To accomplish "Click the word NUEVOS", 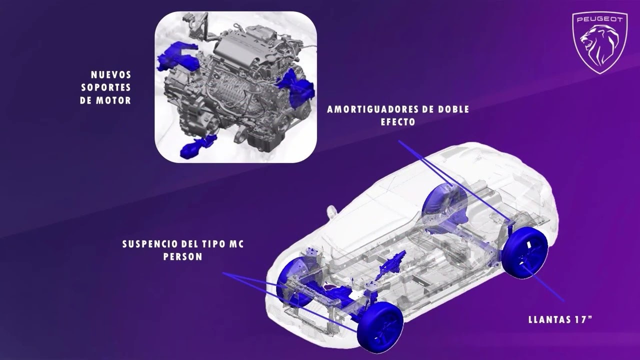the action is coord(111,75).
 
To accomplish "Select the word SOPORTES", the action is coord(106,87).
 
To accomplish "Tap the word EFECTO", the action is coord(398,122).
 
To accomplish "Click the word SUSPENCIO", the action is coord(150,244).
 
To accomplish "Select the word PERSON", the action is coord(183,256).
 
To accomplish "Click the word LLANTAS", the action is coord(546,319).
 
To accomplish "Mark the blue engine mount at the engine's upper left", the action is coord(178,56).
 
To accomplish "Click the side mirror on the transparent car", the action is coord(331,211).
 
